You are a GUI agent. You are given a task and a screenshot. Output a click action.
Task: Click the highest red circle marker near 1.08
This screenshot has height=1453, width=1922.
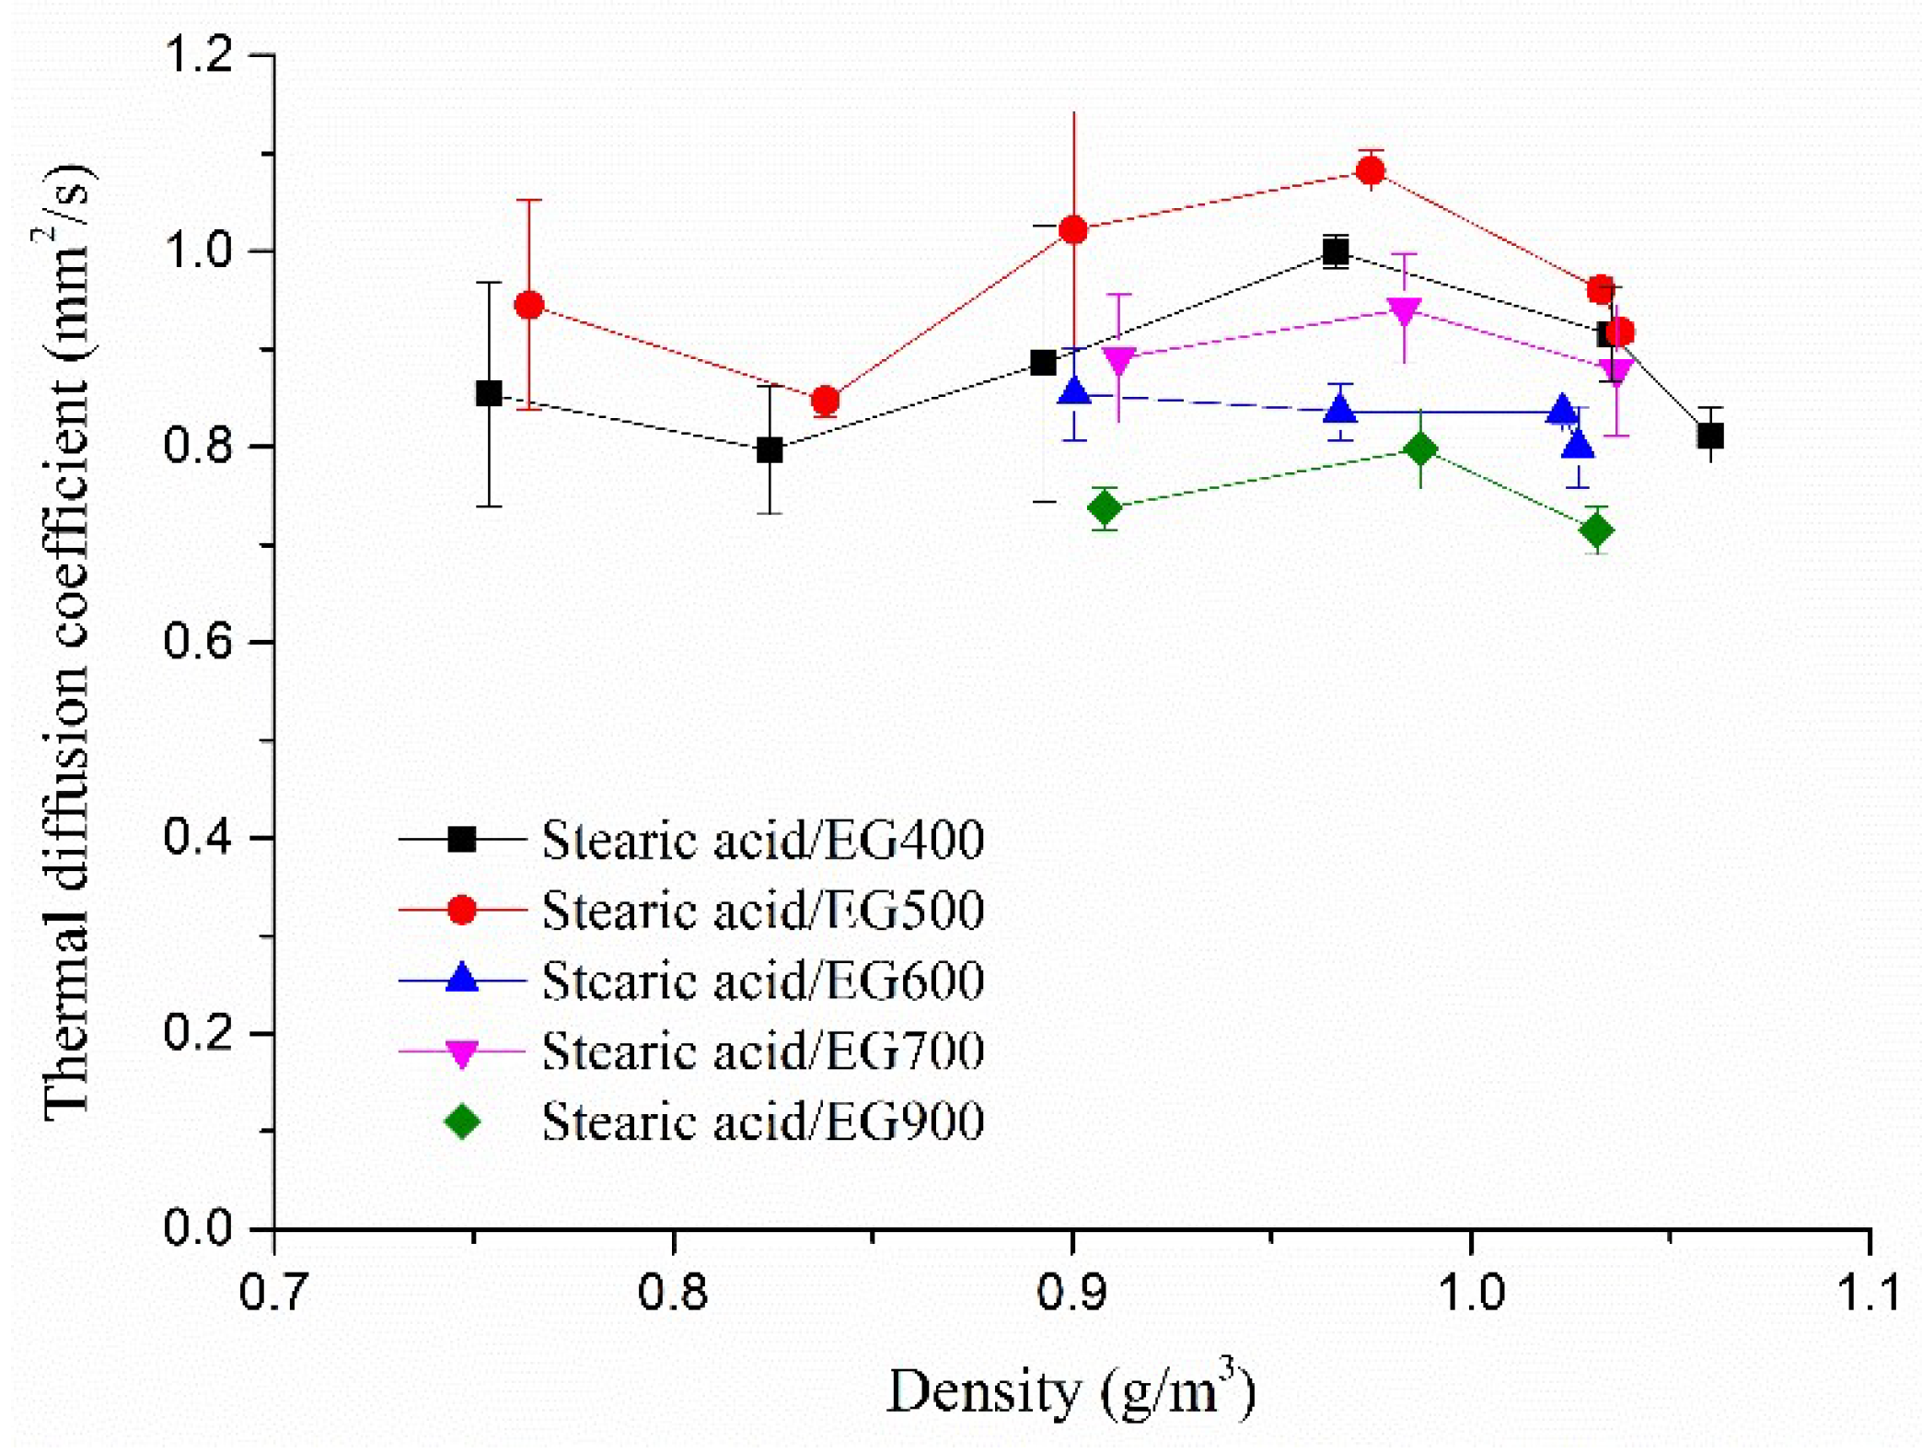1371,170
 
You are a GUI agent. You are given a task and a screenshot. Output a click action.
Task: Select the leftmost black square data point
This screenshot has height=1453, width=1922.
489,393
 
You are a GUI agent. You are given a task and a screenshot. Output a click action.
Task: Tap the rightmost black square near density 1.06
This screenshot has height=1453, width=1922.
1710,435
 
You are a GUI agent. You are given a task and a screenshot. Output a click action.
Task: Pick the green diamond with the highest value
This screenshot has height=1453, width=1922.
1421,449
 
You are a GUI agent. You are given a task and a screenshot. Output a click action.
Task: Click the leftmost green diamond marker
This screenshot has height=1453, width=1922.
1105,507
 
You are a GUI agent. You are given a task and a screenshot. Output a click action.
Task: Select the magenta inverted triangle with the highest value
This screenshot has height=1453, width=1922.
1404,311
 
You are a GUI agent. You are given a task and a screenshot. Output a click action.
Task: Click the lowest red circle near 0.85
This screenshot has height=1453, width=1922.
826,401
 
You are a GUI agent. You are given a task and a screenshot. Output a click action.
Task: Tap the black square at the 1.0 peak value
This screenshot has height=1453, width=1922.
1336,251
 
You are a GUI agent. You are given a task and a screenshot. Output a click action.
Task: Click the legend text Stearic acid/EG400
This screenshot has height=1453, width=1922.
762,840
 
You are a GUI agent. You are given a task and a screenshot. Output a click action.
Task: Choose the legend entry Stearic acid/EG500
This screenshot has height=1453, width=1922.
762,910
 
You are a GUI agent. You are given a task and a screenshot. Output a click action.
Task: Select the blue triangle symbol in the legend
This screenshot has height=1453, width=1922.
462,979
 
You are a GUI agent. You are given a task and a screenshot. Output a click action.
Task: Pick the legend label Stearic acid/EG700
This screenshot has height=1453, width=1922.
762,1051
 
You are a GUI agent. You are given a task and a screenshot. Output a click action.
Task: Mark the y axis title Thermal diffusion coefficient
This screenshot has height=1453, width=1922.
67,641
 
